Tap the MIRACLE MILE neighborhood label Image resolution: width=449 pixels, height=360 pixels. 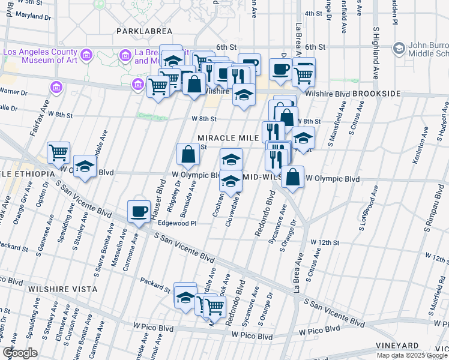click(224, 137)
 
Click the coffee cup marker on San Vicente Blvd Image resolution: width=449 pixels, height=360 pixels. click(139, 211)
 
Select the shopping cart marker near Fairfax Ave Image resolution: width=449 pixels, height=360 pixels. click(58, 152)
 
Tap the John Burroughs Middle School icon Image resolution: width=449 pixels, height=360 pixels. click(399, 47)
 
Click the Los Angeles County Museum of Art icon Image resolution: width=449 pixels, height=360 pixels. click(86, 56)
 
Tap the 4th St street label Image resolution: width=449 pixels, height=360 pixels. click(313, 13)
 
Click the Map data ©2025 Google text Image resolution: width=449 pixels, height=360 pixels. click(412, 355)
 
